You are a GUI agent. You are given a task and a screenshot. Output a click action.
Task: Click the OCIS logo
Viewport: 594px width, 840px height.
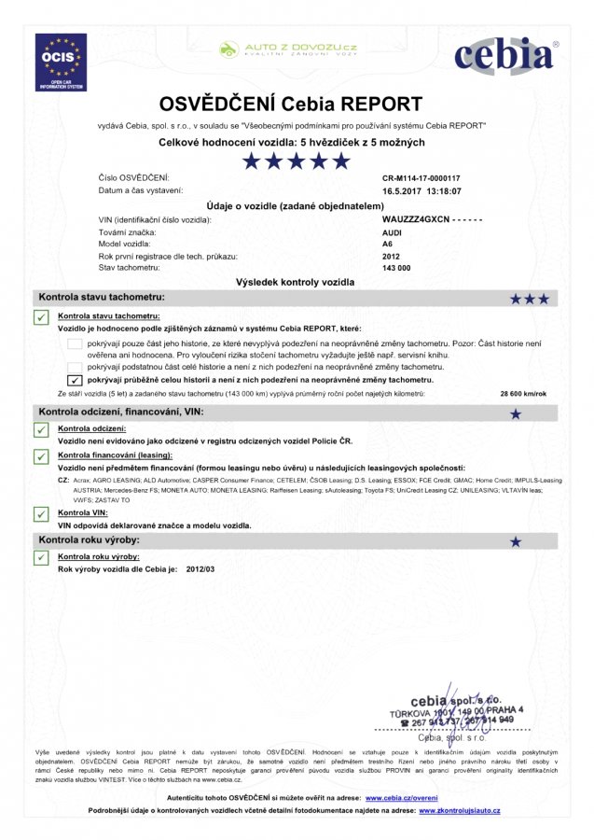tap(61, 62)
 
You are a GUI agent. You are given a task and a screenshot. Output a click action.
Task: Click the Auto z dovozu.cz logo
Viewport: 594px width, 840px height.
tap(288, 49)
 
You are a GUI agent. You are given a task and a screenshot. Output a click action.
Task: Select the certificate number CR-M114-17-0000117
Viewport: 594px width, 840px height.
tap(421, 177)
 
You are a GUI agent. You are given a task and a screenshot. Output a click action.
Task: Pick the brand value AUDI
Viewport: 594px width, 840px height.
tap(393, 231)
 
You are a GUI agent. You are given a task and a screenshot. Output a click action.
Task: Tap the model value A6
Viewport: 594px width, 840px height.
tap(388, 244)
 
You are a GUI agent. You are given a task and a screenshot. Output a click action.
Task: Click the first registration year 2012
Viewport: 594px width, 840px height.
tap(392, 256)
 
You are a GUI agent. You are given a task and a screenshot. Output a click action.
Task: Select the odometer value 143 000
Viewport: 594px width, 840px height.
tap(396, 268)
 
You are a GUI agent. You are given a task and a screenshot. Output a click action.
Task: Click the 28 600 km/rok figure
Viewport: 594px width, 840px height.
tap(521, 395)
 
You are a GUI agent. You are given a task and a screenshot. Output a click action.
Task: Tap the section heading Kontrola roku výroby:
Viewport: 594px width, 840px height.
tap(89, 540)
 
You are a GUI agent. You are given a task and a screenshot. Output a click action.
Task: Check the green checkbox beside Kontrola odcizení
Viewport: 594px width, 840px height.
tap(41, 430)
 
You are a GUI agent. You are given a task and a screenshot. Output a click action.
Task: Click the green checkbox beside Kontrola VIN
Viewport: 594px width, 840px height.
tap(41, 514)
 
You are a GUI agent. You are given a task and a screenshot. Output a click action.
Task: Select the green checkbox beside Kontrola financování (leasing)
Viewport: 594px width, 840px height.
tap(41, 455)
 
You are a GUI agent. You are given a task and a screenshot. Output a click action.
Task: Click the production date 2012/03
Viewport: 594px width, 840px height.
tap(200, 568)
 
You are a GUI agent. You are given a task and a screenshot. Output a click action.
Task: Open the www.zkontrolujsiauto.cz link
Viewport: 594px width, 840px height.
tap(459, 811)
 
